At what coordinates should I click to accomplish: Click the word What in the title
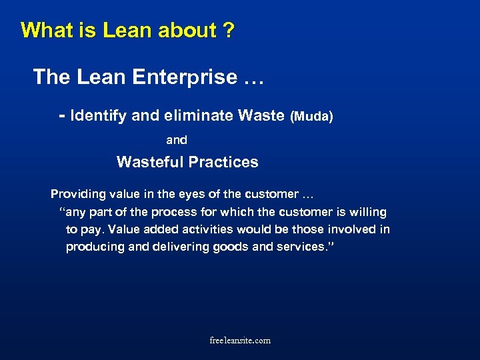click(x=43, y=31)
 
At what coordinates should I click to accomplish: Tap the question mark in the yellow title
click(x=228, y=31)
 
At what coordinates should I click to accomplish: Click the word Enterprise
click(x=180, y=77)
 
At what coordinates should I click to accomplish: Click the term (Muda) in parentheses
click(x=311, y=117)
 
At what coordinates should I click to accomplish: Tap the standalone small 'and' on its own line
click(x=177, y=140)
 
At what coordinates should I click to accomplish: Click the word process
click(x=191, y=212)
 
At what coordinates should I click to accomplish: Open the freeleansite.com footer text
click(x=240, y=341)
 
